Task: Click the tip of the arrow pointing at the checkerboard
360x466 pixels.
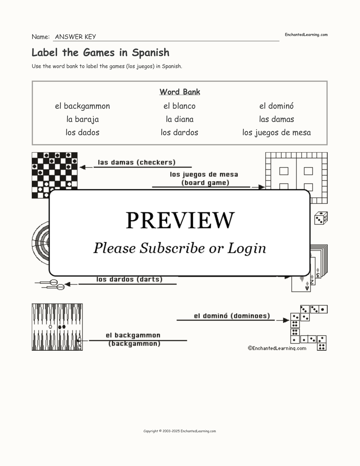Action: coord(80,167)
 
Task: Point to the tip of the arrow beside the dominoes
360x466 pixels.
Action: coord(289,320)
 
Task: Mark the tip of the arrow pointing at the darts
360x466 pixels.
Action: coord(64,284)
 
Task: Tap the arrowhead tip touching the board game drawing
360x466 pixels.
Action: coord(265,187)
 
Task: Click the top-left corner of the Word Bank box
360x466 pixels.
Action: coord(32,81)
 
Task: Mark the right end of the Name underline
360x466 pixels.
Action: coord(279,41)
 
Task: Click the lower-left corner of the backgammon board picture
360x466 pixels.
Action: coord(32,350)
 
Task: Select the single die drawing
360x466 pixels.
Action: coord(321,218)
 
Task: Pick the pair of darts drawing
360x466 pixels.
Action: coord(50,284)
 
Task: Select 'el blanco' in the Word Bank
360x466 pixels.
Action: coord(179,106)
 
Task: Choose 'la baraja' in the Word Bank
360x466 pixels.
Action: coord(83,119)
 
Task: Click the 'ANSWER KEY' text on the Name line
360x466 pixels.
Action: coord(76,37)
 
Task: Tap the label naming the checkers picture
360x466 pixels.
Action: coord(136,162)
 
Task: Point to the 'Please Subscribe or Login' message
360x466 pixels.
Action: coord(180,248)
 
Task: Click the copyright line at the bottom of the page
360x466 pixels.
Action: coord(180,431)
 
